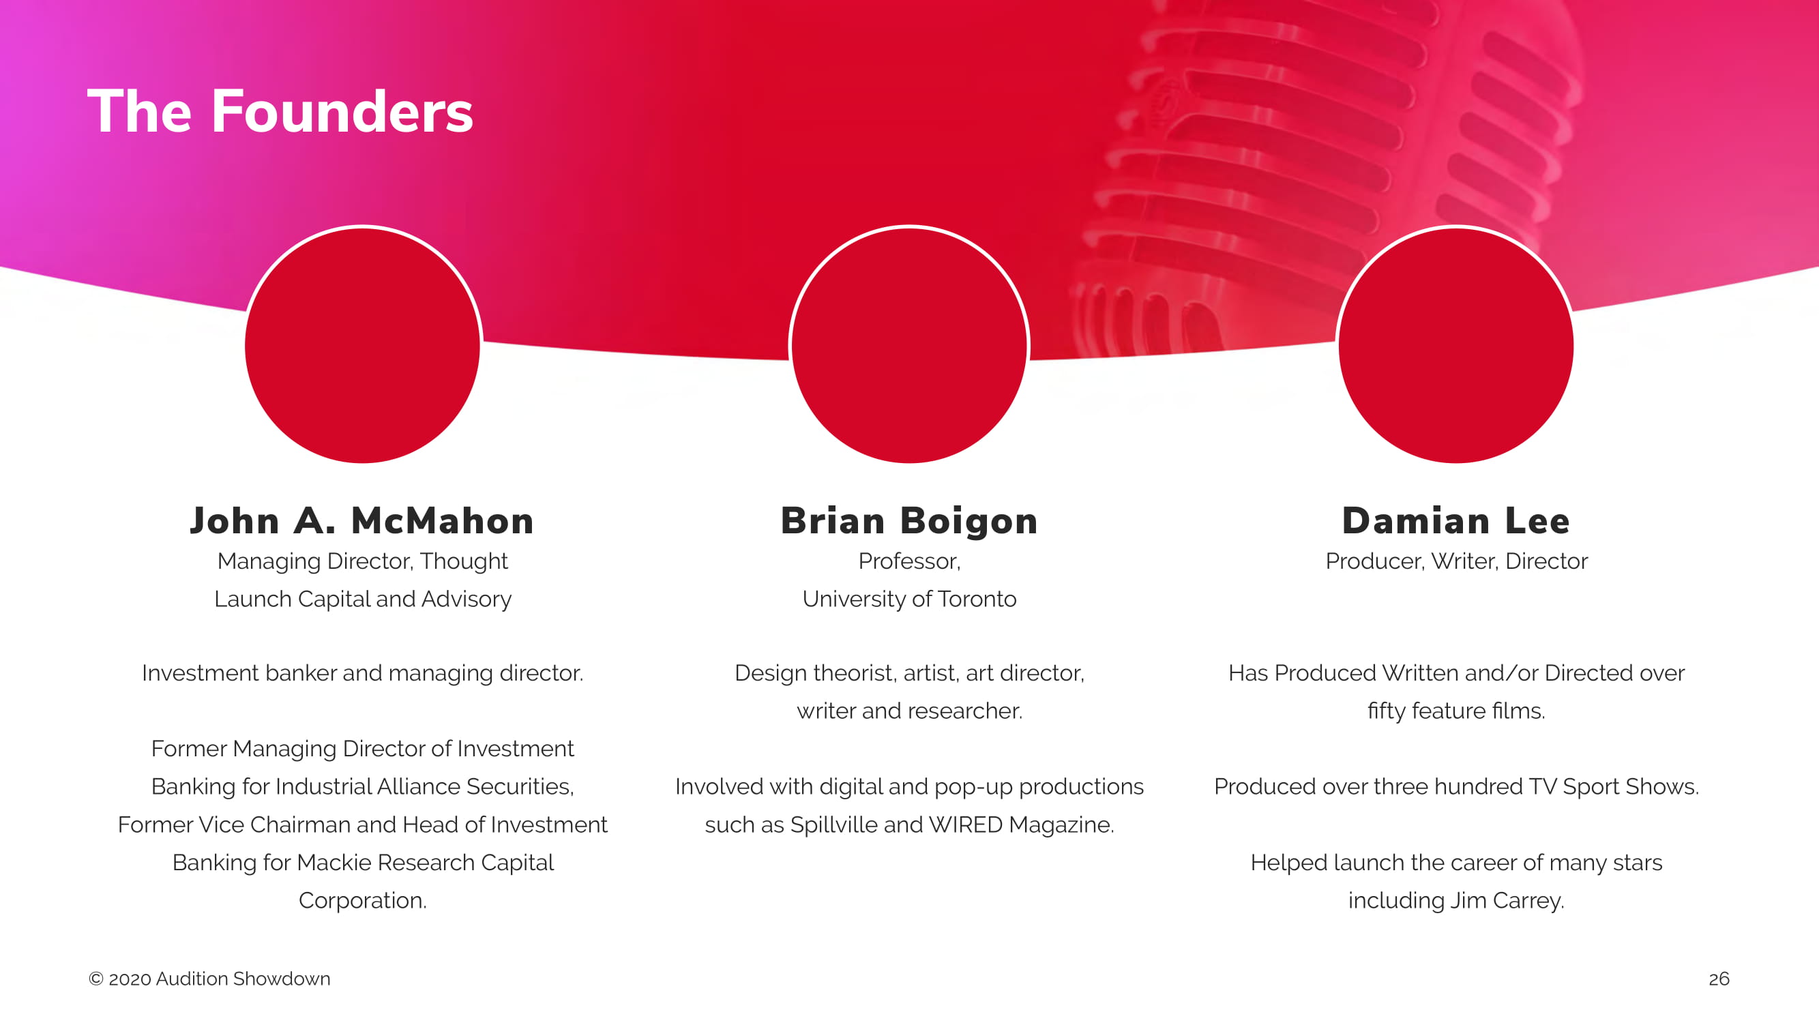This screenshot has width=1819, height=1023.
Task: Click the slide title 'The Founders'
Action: [x=280, y=111]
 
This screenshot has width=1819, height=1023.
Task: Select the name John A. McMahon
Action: [x=362, y=521]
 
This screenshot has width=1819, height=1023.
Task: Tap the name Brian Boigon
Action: [x=910, y=522]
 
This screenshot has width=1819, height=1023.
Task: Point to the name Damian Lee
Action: [x=1456, y=521]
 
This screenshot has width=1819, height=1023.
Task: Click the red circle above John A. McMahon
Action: [x=362, y=345]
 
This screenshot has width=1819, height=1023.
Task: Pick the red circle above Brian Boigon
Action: [x=910, y=345]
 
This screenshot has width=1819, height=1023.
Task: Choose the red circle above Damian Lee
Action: [x=1456, y=345]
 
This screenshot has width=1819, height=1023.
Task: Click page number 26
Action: [x=1719, y=979]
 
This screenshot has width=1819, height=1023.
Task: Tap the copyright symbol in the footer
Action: [x=96, y=979]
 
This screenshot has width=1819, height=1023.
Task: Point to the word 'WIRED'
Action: [x=965, y=825]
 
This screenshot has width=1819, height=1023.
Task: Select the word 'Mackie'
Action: [x=334, y=863]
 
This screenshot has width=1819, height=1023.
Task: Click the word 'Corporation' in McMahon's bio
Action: [x=360, y=901]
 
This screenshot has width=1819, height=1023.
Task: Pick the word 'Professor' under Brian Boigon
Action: [x=906, y=561]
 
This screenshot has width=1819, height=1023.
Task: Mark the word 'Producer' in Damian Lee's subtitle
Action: [x=1373, y=561]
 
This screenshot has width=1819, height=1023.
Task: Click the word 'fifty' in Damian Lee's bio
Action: [x=1386, y=711]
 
